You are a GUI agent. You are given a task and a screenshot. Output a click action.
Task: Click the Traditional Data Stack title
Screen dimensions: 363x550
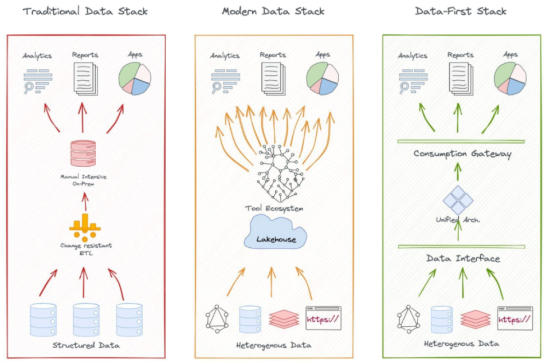[85, 11]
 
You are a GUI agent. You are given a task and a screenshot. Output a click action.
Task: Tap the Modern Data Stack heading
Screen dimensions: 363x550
[273, 11]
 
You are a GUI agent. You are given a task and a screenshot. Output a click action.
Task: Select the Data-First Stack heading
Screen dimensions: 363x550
[461, 11]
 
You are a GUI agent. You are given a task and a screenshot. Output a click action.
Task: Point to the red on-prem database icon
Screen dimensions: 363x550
[84, 154]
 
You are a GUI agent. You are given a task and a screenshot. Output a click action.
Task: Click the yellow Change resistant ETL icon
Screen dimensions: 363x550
[84, 227]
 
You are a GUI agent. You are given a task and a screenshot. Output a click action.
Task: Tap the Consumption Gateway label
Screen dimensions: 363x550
[462, 153]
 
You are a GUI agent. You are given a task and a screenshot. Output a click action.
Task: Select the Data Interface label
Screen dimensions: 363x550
[462, 258]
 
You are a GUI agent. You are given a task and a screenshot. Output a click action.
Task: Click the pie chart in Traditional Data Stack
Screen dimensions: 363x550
[134, 78]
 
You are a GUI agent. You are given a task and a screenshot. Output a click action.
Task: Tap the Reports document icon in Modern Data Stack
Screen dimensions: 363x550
[273, 78]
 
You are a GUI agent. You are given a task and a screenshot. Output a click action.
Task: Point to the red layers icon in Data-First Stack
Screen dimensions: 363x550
[475, 318]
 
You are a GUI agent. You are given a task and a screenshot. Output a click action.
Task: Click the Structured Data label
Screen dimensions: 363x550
[85, 345]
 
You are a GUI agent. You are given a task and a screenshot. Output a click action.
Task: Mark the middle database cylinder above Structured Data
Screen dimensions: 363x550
[85, 319]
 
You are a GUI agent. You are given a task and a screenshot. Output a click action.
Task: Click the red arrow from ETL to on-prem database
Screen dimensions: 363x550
[84, 201]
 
